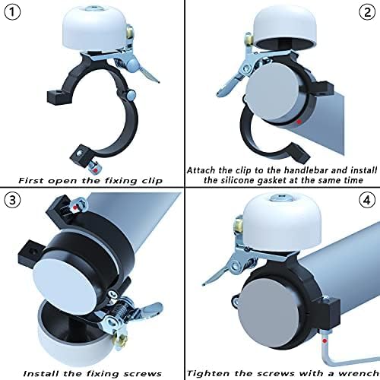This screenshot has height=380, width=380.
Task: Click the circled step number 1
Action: pyautogui.click(x=12, y=13)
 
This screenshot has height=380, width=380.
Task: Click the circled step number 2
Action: pyautogui.click(x=367, y=12)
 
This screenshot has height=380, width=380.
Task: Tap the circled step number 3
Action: pyautogui.click(x=12, y=200)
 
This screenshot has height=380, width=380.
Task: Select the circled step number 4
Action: pyautogui.click(x=367, y=201)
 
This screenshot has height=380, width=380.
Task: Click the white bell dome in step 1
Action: pyautogui.click(x=94, y=29)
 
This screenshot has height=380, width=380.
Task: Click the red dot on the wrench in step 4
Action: pyautogui.click(x=325, y=341)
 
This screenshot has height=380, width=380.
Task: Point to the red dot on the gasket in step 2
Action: pyautogui.click(x=299, y=122)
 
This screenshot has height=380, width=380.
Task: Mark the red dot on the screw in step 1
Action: pyautogui.click(x=95, y=171)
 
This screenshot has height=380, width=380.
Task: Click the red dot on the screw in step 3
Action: pyautogui.click(x=74, y=207)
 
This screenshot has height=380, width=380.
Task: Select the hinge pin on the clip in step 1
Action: pyautogui.click(x=131, y=95)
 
